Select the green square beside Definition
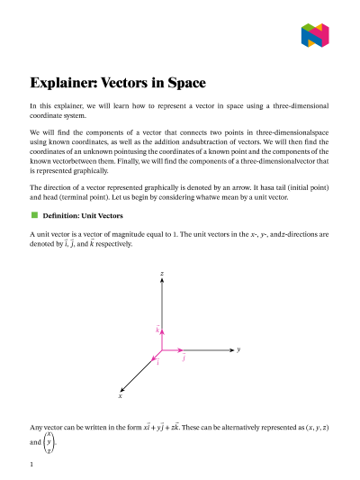[x=35, y=215]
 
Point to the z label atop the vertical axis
[x=161, y=272]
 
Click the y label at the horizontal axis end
[x=238, y=349]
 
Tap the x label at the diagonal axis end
[x=120, y=395]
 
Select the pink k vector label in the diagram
[x=157, y=331]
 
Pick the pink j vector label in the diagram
[x=184, y=358]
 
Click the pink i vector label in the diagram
[x=157, y=363]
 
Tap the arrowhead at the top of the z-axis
[x=161, y=281]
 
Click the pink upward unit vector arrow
[x=161, y=339]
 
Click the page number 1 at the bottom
[x=31, y=464]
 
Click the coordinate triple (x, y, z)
[x=311, y=426]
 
